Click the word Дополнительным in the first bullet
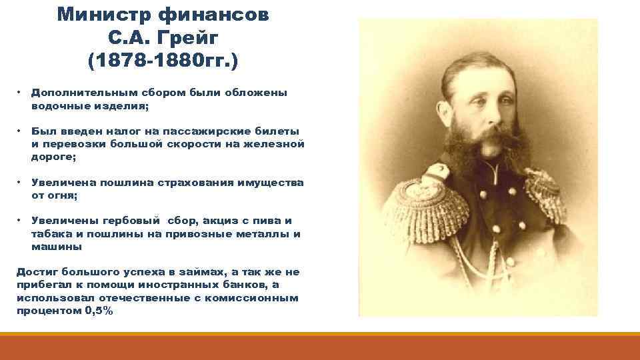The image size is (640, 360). pyautogui.click(x=75, y=93)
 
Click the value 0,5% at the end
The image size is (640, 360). pyautogui.click(x=99, y=310)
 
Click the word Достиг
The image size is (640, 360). pyautogui.click(x=36, y=272)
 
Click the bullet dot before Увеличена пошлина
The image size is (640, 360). pyautogui.click(x=21, y=182)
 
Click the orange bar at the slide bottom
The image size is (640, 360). pyautogui.click(x=320, y=346)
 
